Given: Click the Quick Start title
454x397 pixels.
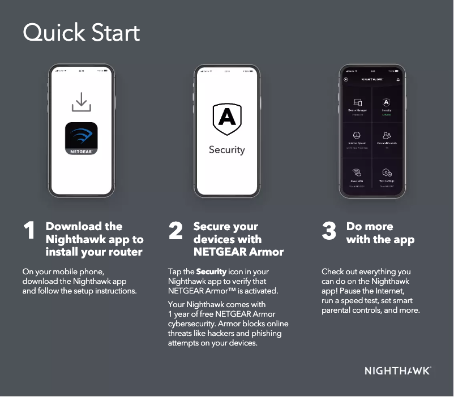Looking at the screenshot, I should tap(81, 33).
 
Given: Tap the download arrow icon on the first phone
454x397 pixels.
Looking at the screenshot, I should tap(82, 102).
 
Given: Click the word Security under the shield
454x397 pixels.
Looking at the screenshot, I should tap(227, 150).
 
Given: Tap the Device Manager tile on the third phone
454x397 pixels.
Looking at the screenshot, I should tap(357, 105).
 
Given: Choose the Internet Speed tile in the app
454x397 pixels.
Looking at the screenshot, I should tap(357, 139).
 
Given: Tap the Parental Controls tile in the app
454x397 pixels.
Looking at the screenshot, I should tap(387, 139).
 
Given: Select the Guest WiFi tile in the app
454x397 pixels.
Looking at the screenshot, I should tap(357, 175).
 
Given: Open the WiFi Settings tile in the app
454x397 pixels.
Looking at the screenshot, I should tap(387, 175).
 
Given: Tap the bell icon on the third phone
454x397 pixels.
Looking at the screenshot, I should tap(398, 80).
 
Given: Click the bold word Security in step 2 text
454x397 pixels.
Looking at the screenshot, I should tap(211, 272).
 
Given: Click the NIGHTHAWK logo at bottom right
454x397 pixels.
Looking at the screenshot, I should tap(397, 371).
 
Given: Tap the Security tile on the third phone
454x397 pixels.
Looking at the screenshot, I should tap(387, 105).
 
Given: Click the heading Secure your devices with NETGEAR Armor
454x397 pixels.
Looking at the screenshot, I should tap(238, 239).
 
